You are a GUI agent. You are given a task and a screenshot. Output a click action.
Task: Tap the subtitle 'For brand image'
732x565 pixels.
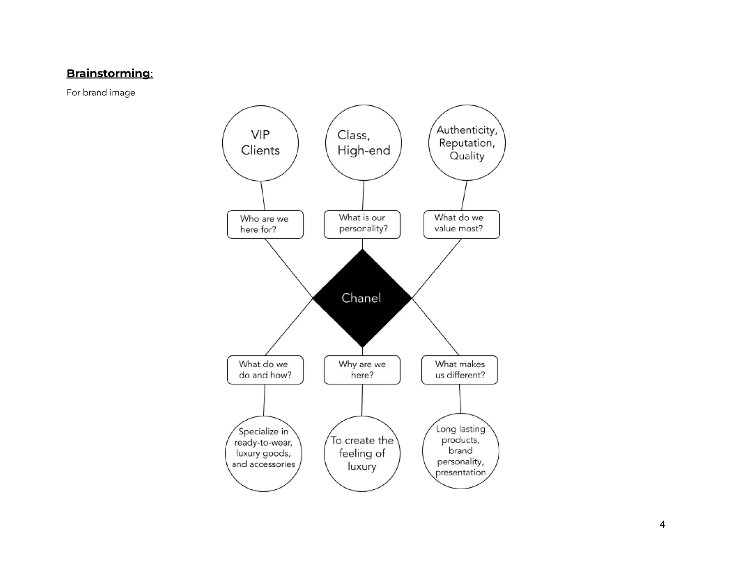(x=101, y=92)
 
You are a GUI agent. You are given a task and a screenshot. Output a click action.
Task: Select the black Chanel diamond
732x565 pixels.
(x=362, y=298)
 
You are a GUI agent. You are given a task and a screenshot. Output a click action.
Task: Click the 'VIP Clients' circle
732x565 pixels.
(x=260, y=143)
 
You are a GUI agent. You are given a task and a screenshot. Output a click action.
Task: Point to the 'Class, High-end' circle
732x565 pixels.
(x=363, y=142)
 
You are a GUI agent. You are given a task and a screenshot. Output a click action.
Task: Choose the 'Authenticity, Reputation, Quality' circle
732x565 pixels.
(x=467, y=142)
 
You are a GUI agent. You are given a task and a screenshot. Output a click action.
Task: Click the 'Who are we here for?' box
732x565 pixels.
(x=265, y=224)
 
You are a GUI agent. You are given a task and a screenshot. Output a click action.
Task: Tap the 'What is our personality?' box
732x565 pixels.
(x=362, y=224)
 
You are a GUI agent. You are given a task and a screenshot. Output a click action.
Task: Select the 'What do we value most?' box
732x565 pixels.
(x=461, y=224)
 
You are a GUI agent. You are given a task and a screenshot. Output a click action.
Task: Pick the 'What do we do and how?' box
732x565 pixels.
(x=265, y=370)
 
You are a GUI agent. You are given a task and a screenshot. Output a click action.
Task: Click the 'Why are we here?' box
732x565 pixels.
(x=362, y=370)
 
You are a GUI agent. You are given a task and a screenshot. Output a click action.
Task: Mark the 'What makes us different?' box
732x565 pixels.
(x=460, y=370)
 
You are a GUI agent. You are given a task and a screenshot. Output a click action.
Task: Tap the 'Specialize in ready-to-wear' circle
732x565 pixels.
(x=263, y=454)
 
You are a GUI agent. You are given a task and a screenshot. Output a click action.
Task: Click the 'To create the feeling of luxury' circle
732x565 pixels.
(x=362, y=454)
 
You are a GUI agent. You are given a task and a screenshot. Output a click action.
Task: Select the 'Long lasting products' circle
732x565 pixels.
(x=460, y=451)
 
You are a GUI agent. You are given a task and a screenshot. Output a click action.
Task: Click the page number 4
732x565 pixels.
(x=662, y=524)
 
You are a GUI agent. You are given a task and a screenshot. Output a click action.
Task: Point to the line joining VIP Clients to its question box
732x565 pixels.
(x=263, y=196)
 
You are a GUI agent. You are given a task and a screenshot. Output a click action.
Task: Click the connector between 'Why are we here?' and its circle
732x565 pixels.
(x=362, y=400)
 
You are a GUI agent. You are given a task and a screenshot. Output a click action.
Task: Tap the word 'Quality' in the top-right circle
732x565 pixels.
(x=467, y=156)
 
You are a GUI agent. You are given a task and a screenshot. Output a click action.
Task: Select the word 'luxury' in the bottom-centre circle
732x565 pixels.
(x=362, y=466)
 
